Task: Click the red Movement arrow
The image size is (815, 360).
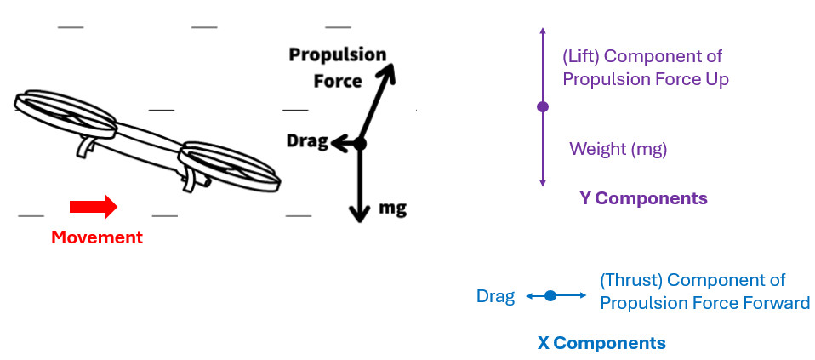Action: (93, 206)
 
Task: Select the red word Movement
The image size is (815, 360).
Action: (97, 237)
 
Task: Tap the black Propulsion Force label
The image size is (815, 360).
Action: (337, 67)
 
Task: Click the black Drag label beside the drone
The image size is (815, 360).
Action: (307, 141)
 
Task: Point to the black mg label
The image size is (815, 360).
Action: (392, 207)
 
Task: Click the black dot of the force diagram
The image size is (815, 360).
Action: (360, 144)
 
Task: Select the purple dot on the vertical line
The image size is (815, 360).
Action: (543, 106)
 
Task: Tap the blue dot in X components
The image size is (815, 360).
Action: (550, 295)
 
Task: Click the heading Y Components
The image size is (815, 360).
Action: (643, 198)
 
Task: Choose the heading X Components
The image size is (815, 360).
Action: (601, 343)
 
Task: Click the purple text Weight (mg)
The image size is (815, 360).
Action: (618, 149)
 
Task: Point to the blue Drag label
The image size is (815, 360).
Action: (495, 296)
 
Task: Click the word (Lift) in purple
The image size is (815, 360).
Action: (581, 57)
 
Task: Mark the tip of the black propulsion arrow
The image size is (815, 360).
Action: (394, 67)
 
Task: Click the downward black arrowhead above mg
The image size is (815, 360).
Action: (360, 214)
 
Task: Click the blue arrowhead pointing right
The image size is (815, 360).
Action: (583, 295)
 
